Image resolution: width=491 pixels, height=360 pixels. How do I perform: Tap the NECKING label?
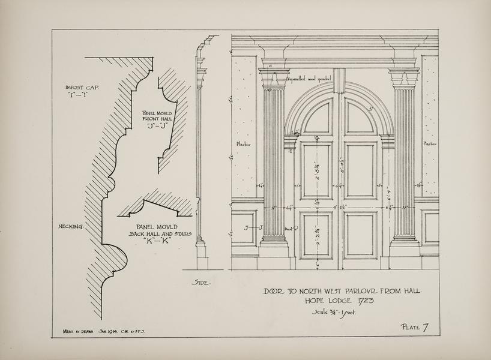(70, 226)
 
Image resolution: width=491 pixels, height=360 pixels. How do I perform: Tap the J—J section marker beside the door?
(254, 228)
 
